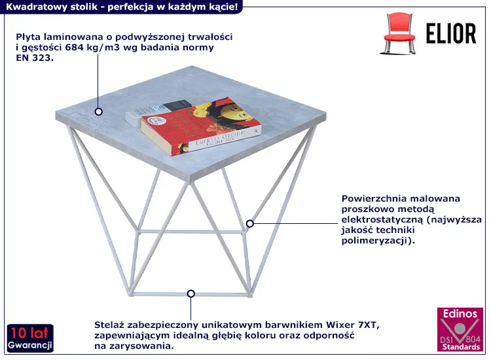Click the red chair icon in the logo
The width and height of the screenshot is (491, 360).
[x=398, y=33]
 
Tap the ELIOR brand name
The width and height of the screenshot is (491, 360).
[x=451, y=33]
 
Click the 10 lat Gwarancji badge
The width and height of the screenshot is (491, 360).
[x=30, y=338]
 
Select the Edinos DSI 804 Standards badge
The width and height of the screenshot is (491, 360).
[x=460, y=330]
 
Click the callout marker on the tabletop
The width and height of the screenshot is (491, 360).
[x=99, y=111]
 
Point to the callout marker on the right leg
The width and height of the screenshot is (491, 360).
[x=249, y=223]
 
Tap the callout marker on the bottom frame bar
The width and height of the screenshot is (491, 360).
[x=191, y=294]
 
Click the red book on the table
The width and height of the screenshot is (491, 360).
[x=201, y=126]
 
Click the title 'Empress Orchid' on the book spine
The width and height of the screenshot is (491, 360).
[x=220, y=137]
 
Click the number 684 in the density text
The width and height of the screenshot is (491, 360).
[x=73, y=48]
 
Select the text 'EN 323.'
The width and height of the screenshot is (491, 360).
[x=35, y=58]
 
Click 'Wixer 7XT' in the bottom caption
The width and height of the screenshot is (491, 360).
[x=353, y=325]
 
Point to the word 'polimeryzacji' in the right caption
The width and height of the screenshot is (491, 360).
[x=375, y=241]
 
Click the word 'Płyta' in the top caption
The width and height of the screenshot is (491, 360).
[x=28, y=37]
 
